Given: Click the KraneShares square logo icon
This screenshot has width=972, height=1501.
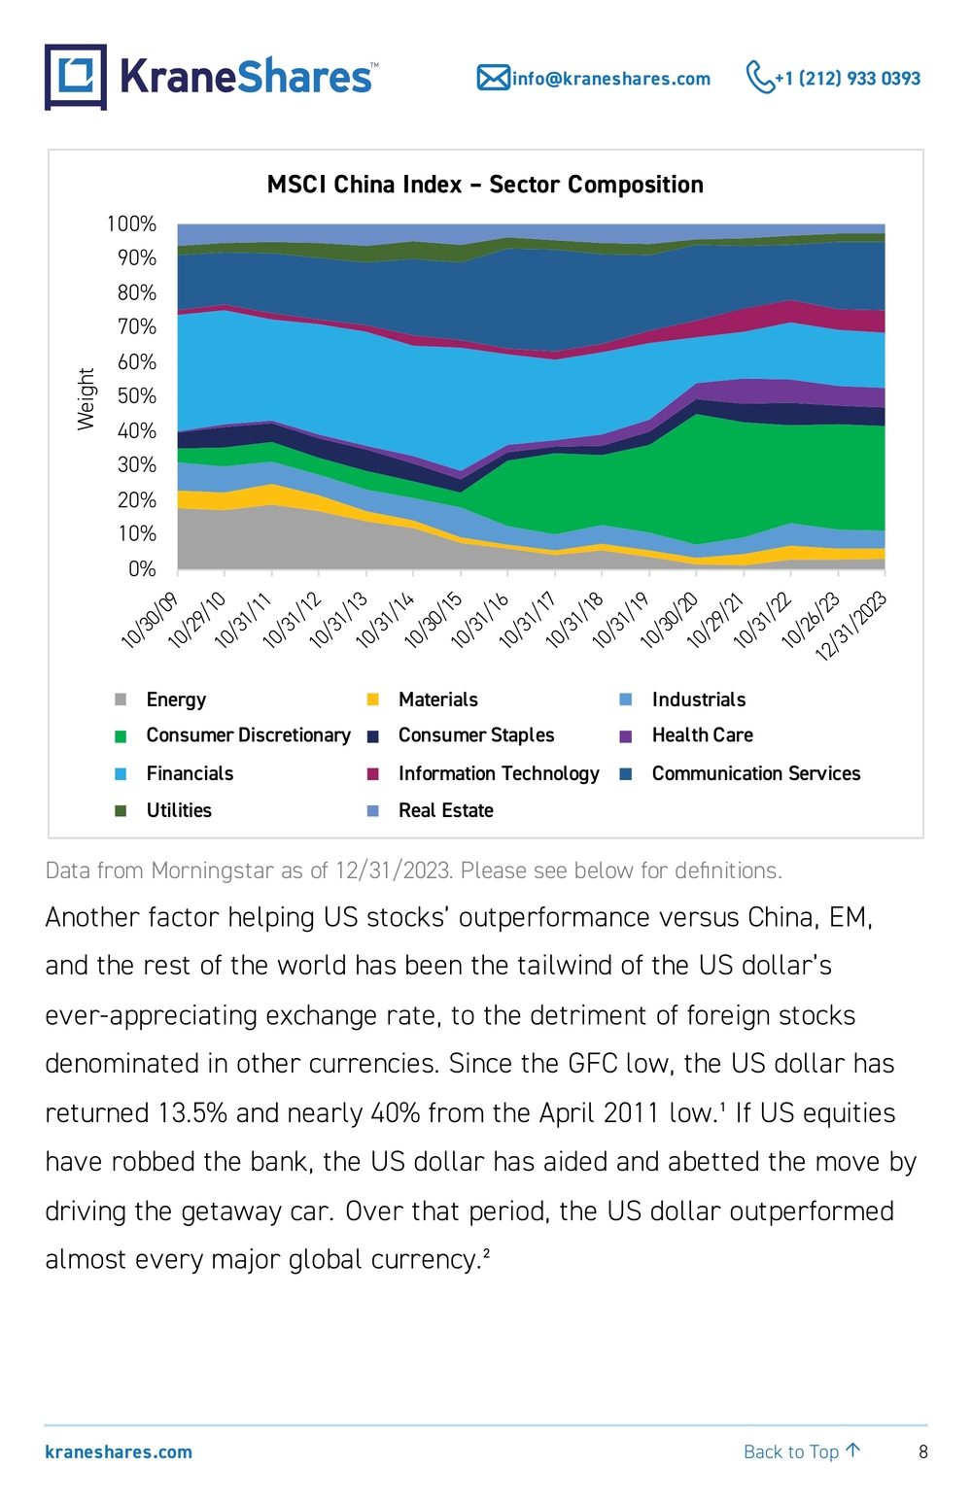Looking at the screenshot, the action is click(76, 77).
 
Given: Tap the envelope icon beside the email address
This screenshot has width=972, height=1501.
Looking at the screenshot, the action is click(493, 78).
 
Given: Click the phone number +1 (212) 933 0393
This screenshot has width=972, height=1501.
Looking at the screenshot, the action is click(848, 79).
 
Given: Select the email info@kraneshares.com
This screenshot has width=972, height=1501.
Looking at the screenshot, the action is click(610, 79).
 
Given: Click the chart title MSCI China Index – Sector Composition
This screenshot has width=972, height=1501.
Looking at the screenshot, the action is click(485, 185).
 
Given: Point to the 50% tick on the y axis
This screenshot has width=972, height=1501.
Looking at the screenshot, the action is click(137, 396).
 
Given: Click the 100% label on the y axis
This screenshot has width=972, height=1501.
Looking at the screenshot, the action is click(131, 223).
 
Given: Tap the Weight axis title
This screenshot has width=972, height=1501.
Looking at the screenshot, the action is click(86, 398).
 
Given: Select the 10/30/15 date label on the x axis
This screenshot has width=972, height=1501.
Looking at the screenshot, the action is click(434, 620).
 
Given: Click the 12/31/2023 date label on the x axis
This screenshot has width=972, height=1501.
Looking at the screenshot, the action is click(851, 626).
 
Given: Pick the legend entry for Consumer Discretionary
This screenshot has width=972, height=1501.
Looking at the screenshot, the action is click(232, 735).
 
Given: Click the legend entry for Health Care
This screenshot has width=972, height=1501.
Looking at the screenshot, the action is click(686, 735).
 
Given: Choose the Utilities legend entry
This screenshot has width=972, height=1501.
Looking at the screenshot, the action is click(163, 811).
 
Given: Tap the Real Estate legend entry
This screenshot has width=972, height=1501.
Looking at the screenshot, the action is click(431, 811).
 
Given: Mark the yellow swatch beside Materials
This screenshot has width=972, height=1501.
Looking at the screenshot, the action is click(373, 699).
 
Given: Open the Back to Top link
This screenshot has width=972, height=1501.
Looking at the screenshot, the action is click(802, 1451).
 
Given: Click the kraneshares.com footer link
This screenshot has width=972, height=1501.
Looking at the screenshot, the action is click(119, 1452).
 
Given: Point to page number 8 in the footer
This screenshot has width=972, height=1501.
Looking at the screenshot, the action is click(923, 1452).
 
